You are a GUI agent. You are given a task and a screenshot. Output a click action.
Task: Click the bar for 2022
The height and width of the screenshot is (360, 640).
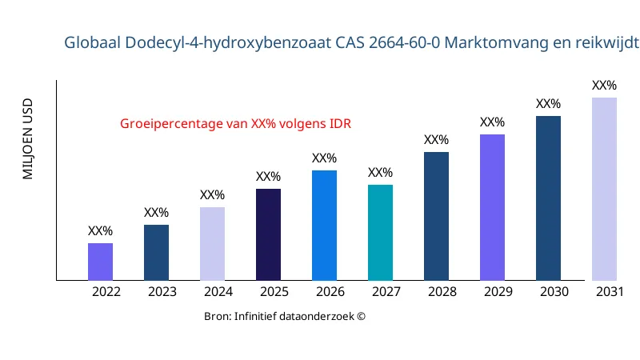100,262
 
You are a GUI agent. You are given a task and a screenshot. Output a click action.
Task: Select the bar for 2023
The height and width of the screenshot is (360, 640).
156,252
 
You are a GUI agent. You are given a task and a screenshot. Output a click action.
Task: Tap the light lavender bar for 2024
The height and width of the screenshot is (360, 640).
212,243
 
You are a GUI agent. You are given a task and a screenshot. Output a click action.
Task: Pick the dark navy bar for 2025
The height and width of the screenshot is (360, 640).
268,234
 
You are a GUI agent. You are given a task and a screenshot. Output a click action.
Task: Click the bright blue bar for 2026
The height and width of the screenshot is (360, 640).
324,225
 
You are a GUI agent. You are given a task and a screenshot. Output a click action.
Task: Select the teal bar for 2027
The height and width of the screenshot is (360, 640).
380,232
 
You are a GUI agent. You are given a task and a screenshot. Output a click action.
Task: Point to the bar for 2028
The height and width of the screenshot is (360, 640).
436,216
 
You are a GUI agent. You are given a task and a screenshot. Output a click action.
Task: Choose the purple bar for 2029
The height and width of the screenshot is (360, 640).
492,207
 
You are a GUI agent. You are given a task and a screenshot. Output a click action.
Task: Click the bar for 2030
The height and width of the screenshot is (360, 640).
548,198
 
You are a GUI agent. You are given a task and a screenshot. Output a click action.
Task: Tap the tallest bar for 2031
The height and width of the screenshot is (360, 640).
604,189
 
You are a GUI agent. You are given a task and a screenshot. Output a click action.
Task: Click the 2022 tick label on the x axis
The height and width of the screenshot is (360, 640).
106,292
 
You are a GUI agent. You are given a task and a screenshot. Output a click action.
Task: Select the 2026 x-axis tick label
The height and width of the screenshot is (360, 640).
330,292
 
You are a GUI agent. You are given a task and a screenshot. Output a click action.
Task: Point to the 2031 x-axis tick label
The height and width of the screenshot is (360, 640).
610,292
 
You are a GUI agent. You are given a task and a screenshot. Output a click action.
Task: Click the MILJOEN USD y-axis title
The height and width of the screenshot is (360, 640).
28,138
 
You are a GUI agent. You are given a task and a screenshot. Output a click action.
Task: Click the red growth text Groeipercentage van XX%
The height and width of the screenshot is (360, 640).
236,124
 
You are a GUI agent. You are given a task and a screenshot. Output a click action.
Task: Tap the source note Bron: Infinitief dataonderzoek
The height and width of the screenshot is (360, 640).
285,317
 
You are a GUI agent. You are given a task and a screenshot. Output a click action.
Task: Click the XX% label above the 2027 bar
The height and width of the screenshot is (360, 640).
380,173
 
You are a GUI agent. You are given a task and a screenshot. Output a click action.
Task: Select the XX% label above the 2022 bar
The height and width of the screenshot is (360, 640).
100,231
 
